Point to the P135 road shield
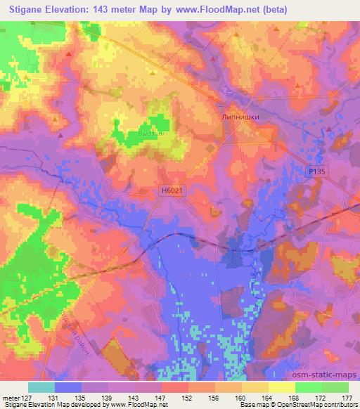[x=318, y=172]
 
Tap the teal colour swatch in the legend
[x=42, y=387]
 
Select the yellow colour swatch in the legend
[x=281, y=387]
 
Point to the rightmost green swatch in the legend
[x=335, y=387]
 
